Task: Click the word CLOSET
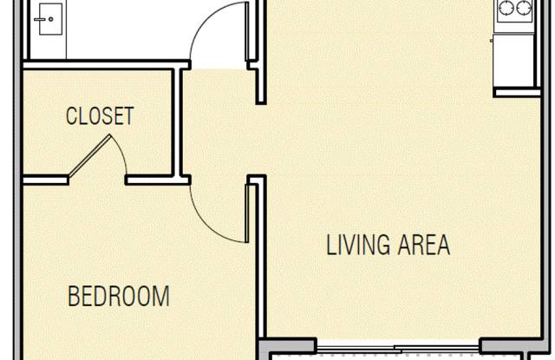[100, 116]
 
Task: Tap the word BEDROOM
[119, 297]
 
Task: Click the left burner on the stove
[507, 10]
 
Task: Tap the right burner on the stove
[524, 10]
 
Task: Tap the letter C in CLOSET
[71, 116]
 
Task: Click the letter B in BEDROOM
[75, 297]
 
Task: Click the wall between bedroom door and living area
[258, 260]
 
